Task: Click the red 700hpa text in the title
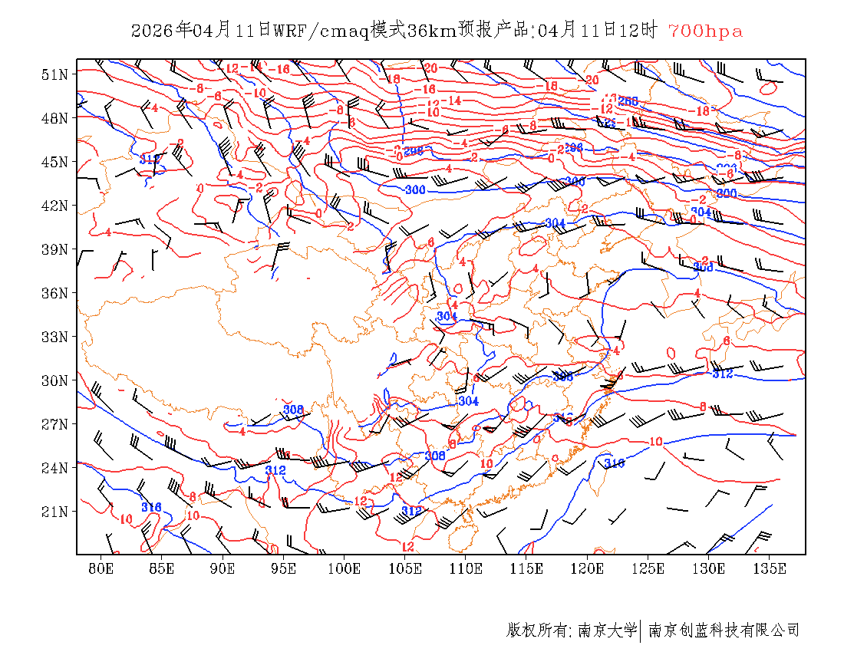click(x=705, y=31)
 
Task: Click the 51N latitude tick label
click(x=54, y=74)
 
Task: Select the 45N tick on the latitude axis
click(x=54, y=162)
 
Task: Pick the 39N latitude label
click(x=54, y=249)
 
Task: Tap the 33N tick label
click(x=54, y=337)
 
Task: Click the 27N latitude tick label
click(x=54, y=424)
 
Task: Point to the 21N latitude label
click(x=54, y=512)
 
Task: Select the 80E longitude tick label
click(x=101, y=568)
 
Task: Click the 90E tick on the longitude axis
click(x=223, y=568)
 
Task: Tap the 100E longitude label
click(x=344, y=568)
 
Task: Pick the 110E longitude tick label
click(x=466, y=568)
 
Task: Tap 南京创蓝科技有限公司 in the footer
click(x=724, y=631)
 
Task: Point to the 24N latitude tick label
click(x=54, y=468)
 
